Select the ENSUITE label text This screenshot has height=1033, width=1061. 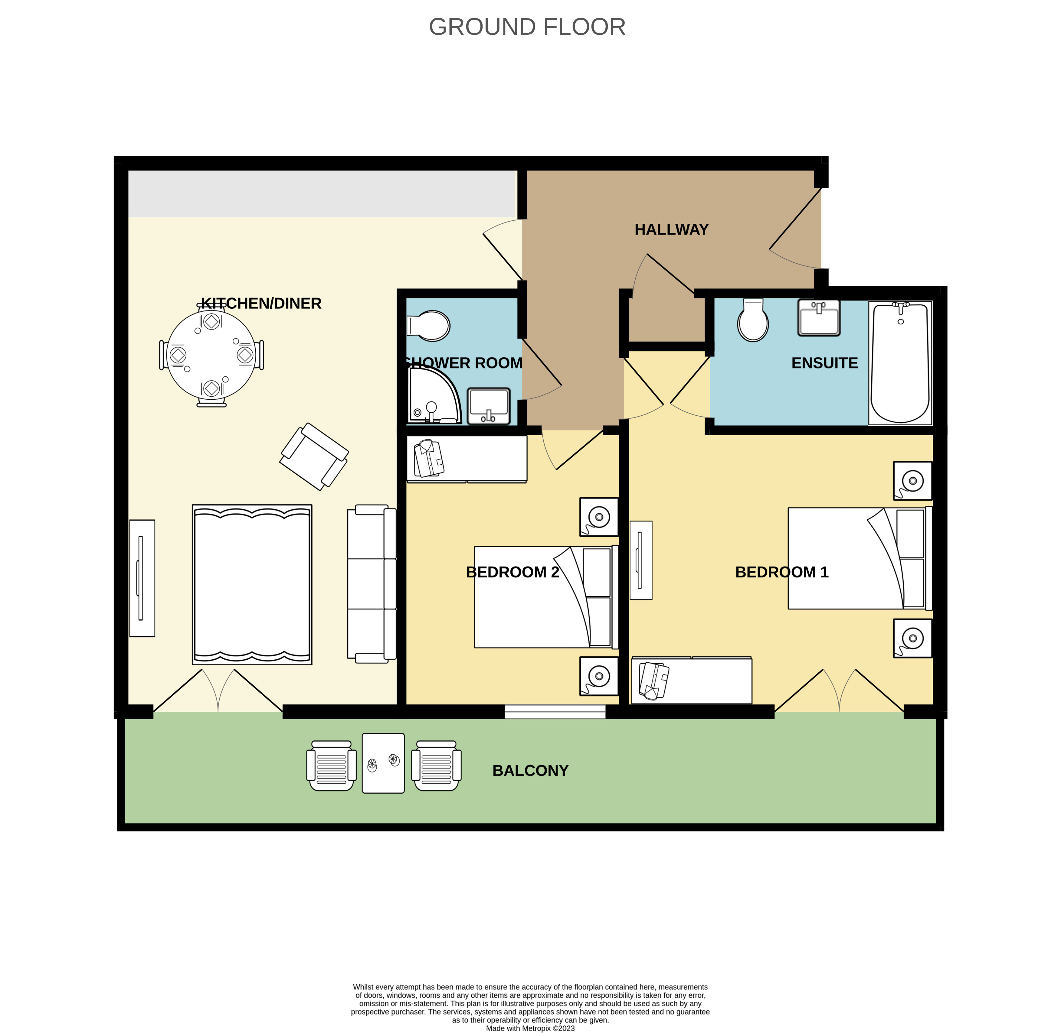point(824,363)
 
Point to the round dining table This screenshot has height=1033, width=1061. point(211,355)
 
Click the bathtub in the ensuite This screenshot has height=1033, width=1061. point(900,363)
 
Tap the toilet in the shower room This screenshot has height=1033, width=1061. point(429,326)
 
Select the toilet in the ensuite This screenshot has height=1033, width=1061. point(753,321)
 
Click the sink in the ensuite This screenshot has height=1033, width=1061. point(819,318)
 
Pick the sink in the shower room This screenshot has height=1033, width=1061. point(489,406)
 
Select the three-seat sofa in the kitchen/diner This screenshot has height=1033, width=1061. point(372,583)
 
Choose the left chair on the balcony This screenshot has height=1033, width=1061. point(331,765)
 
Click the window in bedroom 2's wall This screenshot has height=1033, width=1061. point(555,711)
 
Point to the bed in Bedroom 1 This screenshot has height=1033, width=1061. point(858,558)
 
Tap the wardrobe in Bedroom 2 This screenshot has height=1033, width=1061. point(467,459)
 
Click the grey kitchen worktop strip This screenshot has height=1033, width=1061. point(322,194)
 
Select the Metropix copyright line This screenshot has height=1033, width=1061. point(530,1028)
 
